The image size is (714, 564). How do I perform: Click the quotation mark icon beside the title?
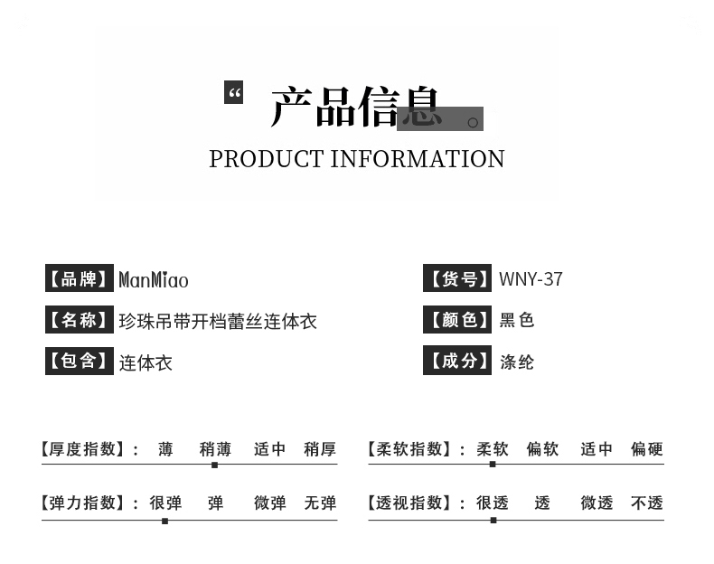tap(233, 92)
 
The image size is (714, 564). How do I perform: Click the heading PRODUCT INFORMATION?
tap(357, 159)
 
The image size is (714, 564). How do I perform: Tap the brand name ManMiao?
tap(154, 280)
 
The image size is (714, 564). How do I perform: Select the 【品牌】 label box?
tap(80, 278)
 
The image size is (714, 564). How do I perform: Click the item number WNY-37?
tap(531, 279)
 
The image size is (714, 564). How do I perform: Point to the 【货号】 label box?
tap(458, 278)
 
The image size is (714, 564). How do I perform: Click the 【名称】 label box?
tap(80, 320)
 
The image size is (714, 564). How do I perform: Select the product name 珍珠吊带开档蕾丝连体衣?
tap(218, 322)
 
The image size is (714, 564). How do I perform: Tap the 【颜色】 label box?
tap(458, 319)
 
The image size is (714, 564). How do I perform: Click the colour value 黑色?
tap(517, 320)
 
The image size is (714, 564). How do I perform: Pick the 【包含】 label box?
tap(80, 362)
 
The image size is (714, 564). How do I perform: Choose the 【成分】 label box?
tap(458, 361)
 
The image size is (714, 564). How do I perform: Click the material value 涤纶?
tap(517, 362)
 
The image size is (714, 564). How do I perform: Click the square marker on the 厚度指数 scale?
tap(214, 465)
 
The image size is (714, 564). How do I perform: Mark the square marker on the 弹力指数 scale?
tap(164, 521)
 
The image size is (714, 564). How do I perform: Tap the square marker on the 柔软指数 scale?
tap(493, 465)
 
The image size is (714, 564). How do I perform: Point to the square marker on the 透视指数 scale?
tap(493, 521)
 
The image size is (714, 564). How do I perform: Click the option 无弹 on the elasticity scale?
tap(320, 503)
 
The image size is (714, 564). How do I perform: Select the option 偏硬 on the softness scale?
tap(647, 449)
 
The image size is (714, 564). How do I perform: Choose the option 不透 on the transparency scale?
tap(647, 503)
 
